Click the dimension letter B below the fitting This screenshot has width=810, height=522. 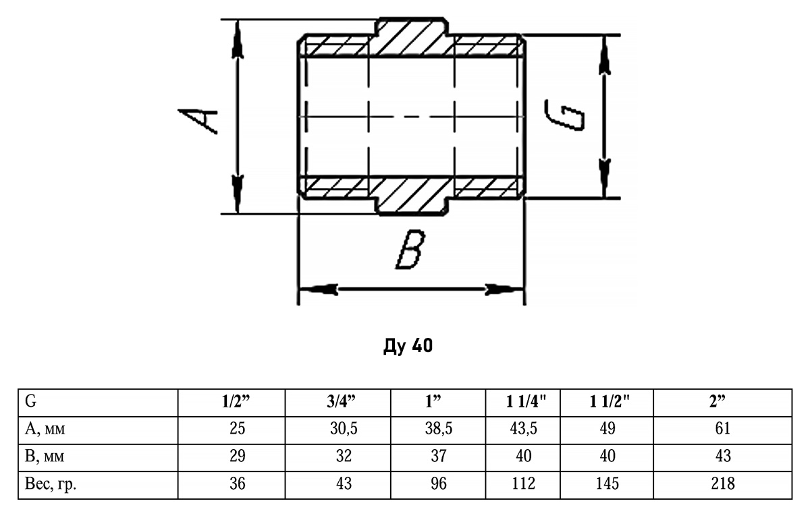click(x=410, y=251)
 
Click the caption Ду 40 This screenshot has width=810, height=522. click(x=406, y=348)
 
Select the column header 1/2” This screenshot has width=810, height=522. click(x=236, y=403)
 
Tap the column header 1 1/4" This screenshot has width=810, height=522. click(x=526, y=403)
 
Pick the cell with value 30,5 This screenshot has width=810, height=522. click(x=344, y=429)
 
